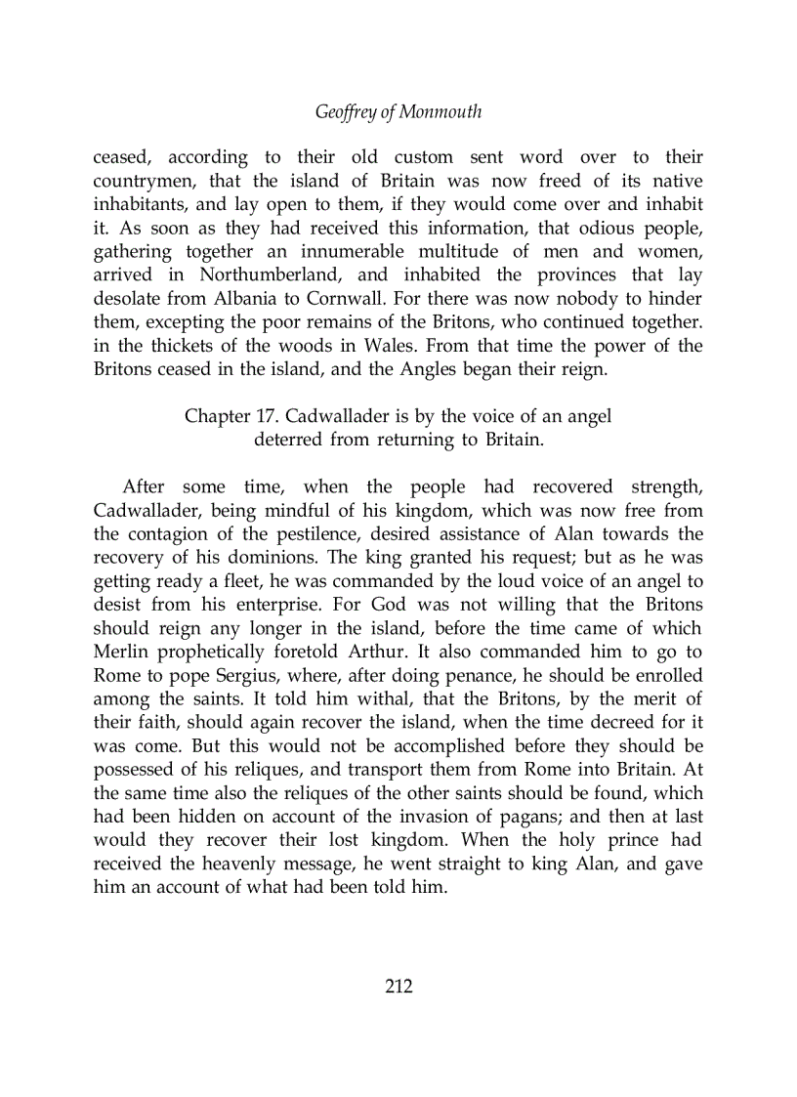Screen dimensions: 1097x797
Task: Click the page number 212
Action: click(x=398, y=987)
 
